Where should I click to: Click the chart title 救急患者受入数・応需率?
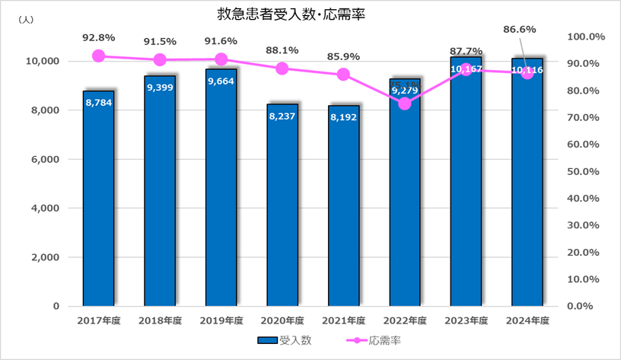282,14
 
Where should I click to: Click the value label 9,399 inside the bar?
160,87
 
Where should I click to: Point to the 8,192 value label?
343,117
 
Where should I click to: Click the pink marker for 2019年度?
221,59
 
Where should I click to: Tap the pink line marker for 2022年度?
405,104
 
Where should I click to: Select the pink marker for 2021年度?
343,75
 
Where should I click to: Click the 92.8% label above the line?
98,37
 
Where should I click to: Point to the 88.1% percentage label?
282,50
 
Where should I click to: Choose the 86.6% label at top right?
521,29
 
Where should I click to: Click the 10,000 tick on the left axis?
44,61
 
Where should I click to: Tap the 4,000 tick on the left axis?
47,208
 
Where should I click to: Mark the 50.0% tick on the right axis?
586,171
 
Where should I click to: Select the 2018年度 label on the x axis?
160,320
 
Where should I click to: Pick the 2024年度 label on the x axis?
527,320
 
